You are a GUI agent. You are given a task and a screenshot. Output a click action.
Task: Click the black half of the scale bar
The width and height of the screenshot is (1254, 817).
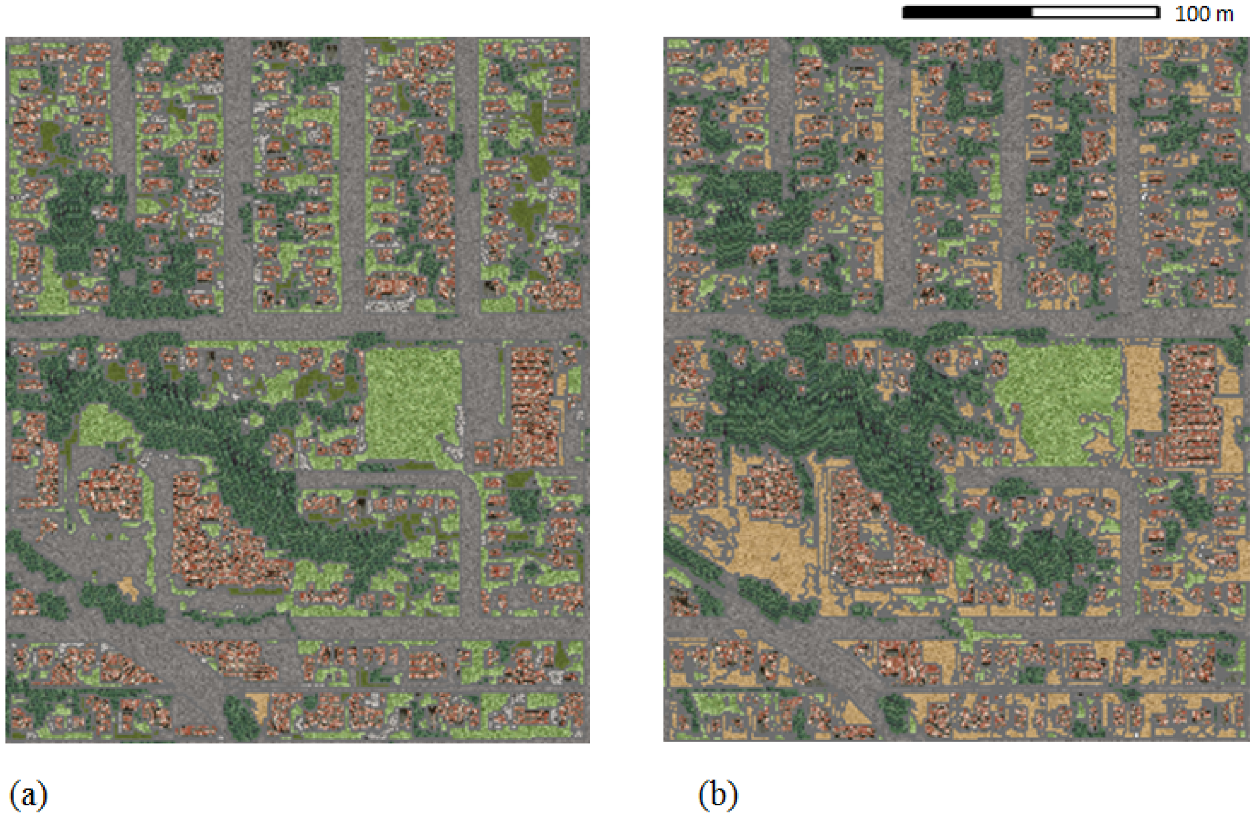click(x=967, y=12)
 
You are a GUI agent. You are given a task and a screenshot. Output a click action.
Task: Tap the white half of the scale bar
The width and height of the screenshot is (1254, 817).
click(x=1095, y=12)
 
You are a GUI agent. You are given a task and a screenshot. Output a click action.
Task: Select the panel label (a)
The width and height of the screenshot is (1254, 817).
click(x=28, y=795)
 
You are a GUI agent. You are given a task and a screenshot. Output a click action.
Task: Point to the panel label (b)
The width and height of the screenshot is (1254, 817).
click(x=718, y=795)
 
